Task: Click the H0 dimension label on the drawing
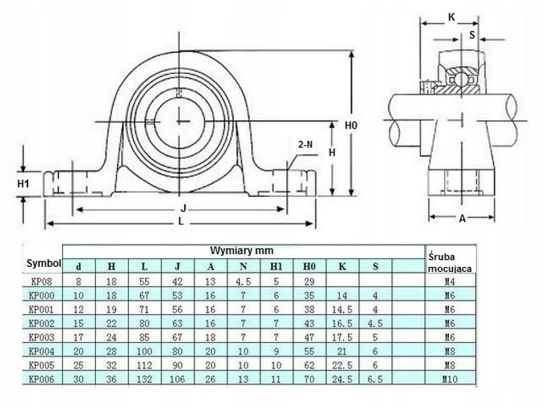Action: (352, 125)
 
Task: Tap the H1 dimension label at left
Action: (24, 184)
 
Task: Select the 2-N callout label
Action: (306, 144)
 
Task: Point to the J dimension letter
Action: (183, 208)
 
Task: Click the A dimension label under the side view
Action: (462, 219)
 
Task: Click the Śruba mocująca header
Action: (448, 261)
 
